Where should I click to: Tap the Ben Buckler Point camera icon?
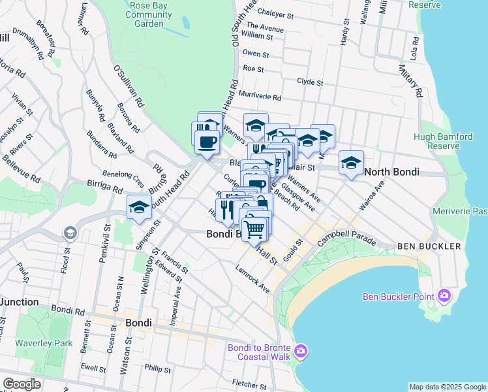[445, 297]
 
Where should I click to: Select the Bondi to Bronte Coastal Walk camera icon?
[301, 351]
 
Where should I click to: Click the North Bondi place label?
[391, 172]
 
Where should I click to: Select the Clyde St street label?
[310, 82]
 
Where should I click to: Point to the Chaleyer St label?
[276, 11]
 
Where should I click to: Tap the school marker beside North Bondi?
[351, 163]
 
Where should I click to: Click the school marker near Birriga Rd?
[139, 207]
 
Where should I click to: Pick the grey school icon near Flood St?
[69, 233]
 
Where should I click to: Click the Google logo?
[22, 384]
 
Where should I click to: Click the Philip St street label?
[158, 369]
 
